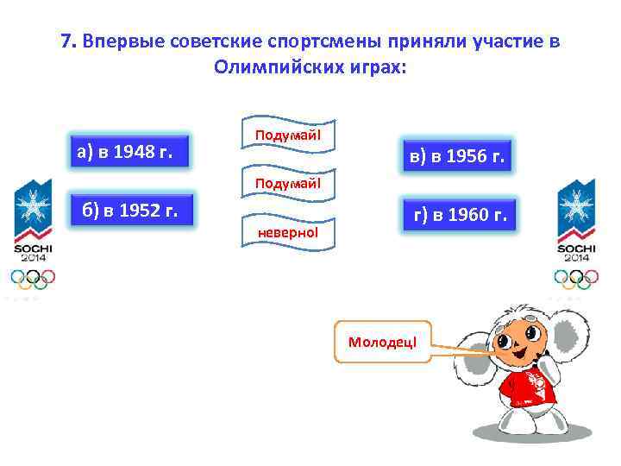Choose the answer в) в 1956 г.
[455, 157]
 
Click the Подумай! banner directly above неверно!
[287, 183]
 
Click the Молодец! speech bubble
[381, 342]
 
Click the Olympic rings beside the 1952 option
[33, 278]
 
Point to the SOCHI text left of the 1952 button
[33, 247]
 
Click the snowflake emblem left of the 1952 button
[33, 205]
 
